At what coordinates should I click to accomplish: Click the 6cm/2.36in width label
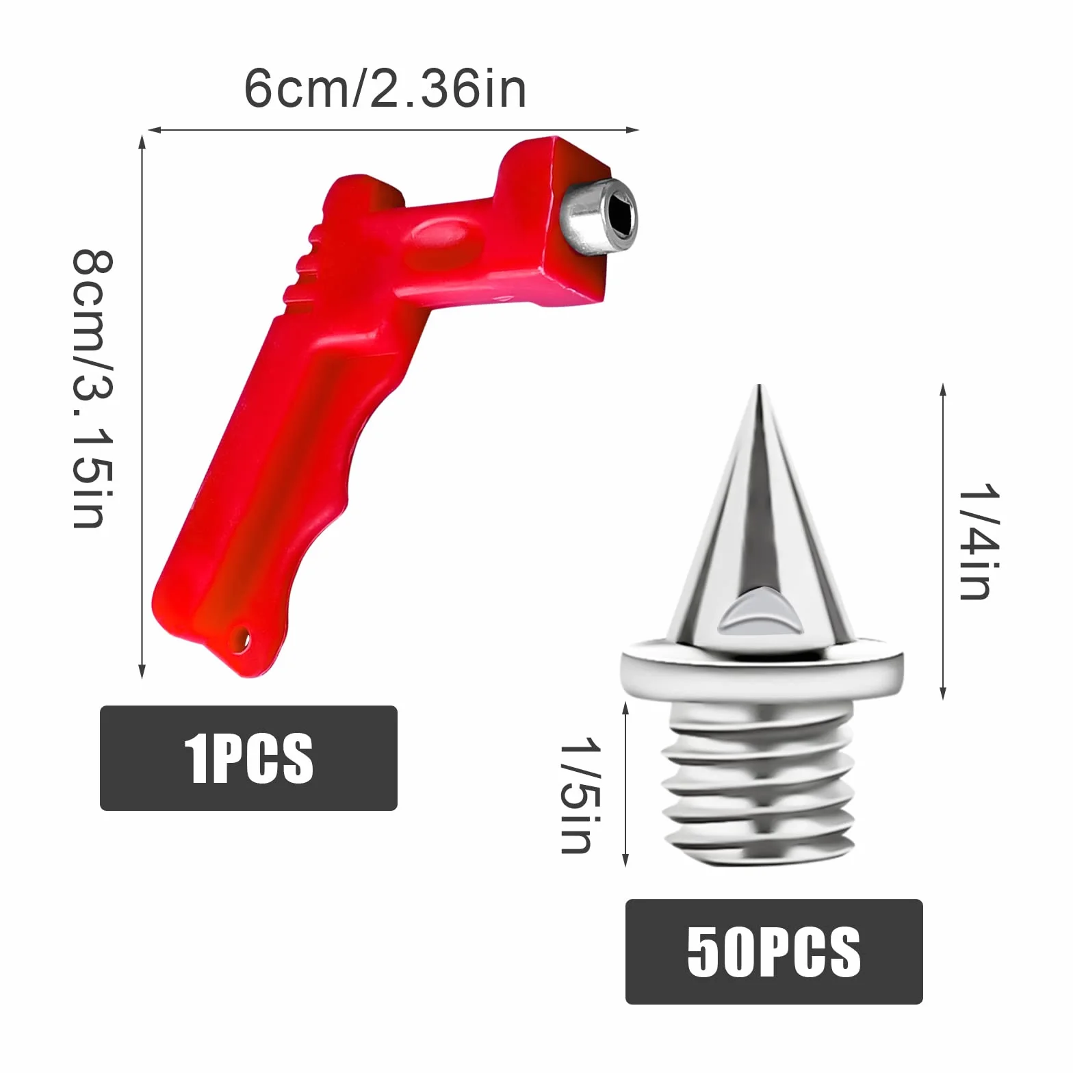pyautogui.click(x=385, y=89)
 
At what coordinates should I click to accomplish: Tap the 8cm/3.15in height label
pyautogui.click(x=93, y=389)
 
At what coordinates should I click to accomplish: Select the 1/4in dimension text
pyautogui.click(x=979, y=541)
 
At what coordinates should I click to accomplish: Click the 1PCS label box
pyautogui.click(x=248, y=758)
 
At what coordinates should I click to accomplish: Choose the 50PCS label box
pyautogui.click(x=774, y=952)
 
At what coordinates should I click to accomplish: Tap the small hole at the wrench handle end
pyautogui.click(x=242, y=640)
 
